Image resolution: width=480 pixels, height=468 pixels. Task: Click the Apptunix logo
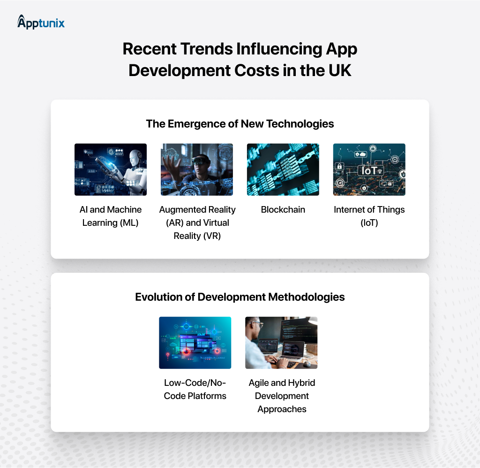point(41,22)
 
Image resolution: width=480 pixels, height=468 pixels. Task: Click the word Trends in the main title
point(203,49)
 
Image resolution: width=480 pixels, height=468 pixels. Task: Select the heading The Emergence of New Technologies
point(240,123)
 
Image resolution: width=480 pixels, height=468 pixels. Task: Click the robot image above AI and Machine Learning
point(111,169)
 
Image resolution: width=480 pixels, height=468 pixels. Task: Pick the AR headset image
point(197,169)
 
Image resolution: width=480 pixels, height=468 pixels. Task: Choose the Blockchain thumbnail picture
point(283,169)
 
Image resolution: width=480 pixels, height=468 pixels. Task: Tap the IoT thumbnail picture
point(369,169)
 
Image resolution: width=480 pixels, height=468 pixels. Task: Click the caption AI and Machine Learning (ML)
point(111,216)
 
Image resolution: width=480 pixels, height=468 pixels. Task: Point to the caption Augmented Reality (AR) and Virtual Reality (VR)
point(197,222)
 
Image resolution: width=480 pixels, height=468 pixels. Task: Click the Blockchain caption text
point(283,210)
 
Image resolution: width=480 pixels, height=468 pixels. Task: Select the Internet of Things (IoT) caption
point(369,216)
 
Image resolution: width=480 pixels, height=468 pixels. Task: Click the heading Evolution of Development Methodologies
point(240,297)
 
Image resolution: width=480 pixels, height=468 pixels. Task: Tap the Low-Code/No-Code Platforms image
point(195,343)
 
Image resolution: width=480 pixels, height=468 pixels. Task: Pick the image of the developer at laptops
point(281,343)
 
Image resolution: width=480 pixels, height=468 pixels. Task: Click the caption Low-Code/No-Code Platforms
point(195,389)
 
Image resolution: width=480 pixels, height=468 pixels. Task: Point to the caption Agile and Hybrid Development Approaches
point(281,396)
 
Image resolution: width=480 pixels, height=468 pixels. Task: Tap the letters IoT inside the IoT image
point(369,170)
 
